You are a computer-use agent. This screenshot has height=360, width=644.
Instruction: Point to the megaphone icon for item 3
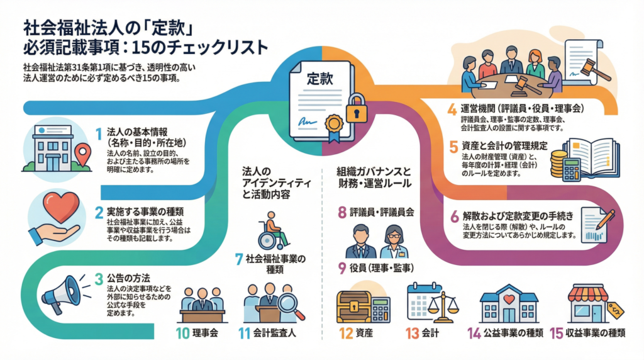pos(61,293)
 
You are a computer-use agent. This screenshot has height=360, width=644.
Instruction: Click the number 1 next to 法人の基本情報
pos(98,133)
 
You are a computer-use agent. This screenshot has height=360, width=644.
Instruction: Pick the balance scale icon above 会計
pos(443,303)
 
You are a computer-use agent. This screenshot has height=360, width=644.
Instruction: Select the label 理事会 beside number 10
pos(204,334)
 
